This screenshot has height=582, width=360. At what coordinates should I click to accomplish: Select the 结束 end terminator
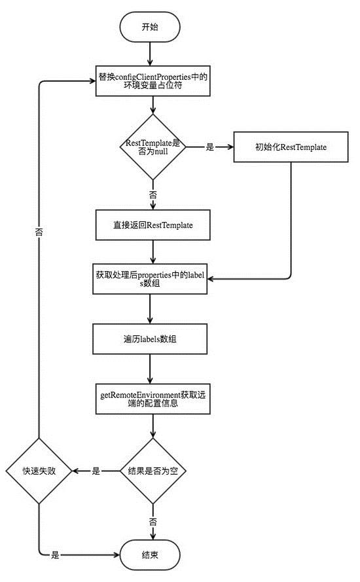coord(150,555)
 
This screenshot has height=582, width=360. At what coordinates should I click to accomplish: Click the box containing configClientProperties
coord(153,82)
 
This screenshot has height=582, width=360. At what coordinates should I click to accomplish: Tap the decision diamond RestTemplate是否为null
coord(153,147)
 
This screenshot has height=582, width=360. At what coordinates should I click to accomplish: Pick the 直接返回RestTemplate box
coord(153,225)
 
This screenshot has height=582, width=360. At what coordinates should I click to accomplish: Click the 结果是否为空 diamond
coord(153,471)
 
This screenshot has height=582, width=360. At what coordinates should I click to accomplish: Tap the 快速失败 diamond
coord(39,471)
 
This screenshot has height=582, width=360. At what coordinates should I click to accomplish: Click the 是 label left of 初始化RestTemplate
coord(210,147)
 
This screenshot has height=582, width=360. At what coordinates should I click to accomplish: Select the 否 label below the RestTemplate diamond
coord(153,195)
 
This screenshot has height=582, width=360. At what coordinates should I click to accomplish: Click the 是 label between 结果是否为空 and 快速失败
coord(96,471)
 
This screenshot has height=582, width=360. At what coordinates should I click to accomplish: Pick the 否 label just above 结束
coord(153,522)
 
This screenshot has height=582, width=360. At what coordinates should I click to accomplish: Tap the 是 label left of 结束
coord(56,555)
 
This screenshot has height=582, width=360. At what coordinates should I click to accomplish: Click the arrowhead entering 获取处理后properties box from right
coord(212,280)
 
